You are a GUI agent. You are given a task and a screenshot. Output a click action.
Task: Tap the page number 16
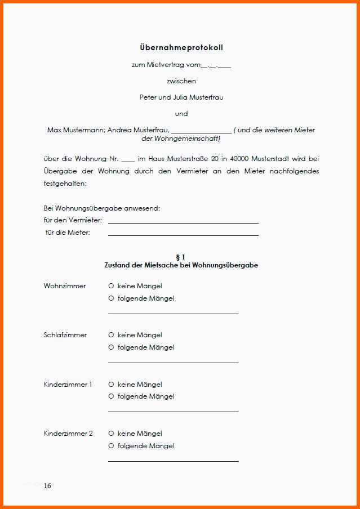[x=47, y=485]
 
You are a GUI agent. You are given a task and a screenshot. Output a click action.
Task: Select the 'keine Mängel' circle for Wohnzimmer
[x=111, y=286]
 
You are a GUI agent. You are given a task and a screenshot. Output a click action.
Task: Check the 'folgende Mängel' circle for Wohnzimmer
[x=111, y=298]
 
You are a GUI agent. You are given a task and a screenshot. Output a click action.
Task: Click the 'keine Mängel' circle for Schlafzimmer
[x=111, y=335]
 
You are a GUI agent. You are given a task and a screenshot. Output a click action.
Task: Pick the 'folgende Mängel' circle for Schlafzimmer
[x=111, y=347]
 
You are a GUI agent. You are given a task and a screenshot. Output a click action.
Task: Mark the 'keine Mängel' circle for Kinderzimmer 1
[x=111, y=385]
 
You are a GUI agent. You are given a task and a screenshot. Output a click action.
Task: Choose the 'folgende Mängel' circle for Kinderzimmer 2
[x=111, y=446]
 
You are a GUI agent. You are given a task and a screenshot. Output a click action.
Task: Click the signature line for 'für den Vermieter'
[x=183, y=222]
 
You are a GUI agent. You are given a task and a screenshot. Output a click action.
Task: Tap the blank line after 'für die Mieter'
[x=183, y=235]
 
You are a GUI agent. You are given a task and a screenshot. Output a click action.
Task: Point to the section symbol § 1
[x=181, y=257]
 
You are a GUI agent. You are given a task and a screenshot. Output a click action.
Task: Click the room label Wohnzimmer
[x=65, y=286]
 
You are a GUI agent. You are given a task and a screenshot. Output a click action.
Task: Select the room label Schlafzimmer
[x=65, y=335]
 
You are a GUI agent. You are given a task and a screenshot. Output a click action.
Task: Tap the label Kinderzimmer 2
[x=68, y=434]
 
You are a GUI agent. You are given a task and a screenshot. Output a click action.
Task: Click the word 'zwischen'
[x=181, y=81]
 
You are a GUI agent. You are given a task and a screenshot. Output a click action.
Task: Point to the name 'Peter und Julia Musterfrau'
[x=181, y=97]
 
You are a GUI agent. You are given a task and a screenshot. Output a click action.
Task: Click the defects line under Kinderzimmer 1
[x=173, y=412]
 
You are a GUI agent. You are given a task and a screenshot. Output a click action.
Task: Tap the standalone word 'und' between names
[x=181, y=114]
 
